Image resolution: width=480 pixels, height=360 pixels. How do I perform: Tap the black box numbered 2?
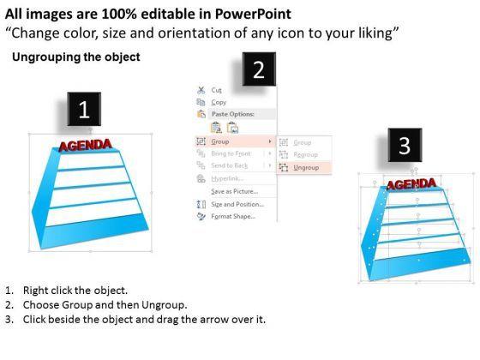coord(259,72)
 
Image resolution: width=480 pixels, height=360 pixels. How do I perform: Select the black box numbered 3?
coord(403,147)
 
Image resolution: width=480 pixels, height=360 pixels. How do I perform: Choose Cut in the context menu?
coord(216,89)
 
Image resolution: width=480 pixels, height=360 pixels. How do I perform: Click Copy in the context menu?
coord(219,102)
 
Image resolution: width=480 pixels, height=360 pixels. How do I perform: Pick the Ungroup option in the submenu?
coord(305,168)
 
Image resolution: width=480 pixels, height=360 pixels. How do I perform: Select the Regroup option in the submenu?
coord(305,154)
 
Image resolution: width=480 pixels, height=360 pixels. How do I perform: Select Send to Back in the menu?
coord(229,165)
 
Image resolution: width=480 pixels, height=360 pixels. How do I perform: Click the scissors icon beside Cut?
coord(201,89)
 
